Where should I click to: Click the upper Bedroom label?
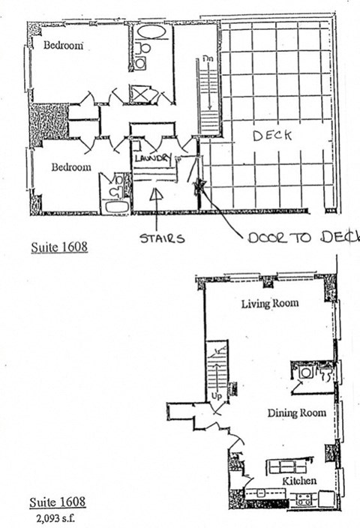pos(62,45)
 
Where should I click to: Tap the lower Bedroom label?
pos(71,167)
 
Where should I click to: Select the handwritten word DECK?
pos(271,136)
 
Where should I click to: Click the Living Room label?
pos(270,304)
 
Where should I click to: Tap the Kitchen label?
pos(298,481)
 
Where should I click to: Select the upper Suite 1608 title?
pos(60,245)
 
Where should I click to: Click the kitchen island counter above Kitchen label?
pos(287,466)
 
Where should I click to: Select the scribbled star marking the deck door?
pos(200,186)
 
